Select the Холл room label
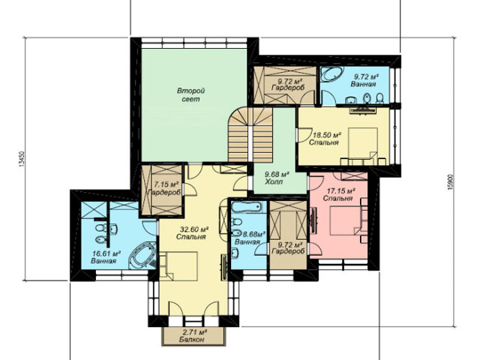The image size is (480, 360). click(x=273, y=181)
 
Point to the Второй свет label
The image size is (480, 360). click(x=191, y=95)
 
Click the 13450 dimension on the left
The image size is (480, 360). click(x=22, y=159)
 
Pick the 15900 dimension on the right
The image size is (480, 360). click(x=450, y=182)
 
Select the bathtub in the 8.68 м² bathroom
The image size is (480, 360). click(x=247, y=207)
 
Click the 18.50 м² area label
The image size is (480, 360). click(x=327, y=135)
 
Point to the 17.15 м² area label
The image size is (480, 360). click(x=341, y=191)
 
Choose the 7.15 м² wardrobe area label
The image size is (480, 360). click(x=166, y=184)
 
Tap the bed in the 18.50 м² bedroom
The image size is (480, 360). click(x=363, y=143)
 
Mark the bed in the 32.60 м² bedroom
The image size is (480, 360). click(x=181, y=265)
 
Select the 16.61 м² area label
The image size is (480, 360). click(x=106, y=253)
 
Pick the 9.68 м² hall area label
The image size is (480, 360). click(x=277, y=175)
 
